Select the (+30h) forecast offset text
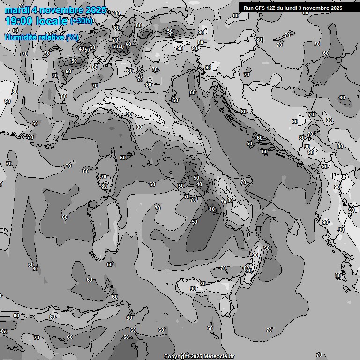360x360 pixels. [82, 21]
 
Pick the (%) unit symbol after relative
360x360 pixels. [72, 37]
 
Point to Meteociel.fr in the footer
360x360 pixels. [218, 356]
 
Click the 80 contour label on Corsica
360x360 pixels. [104, 186]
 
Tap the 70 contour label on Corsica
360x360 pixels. [104, 177]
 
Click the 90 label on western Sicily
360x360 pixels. [193, 289]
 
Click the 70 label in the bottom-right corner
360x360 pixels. [319, 355]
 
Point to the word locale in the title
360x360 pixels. [51, 21]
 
